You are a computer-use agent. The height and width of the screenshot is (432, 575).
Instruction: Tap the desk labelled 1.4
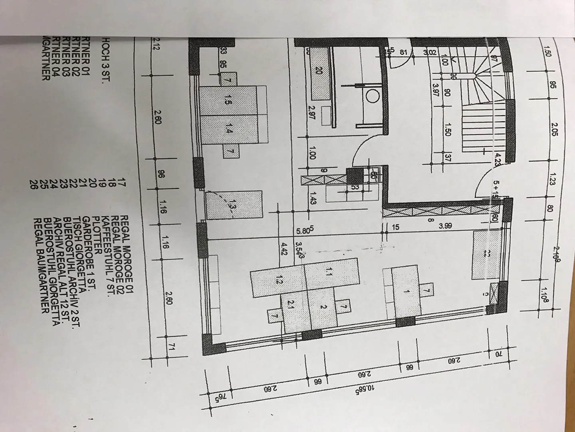[228, 130]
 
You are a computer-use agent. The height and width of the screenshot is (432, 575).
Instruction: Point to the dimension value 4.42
[284, 249]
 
